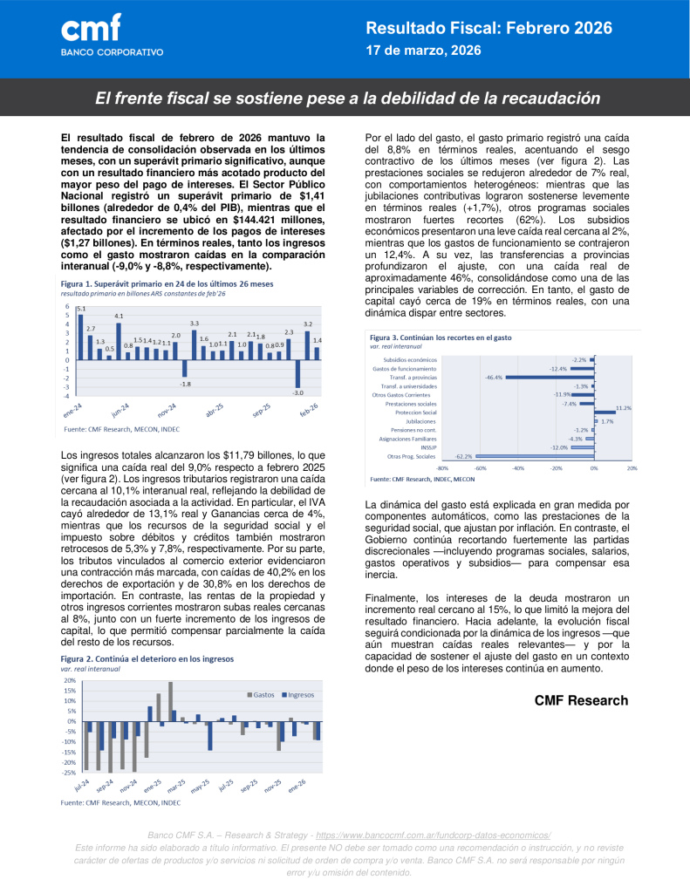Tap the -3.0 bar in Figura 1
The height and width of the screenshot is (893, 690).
tap(298, 374)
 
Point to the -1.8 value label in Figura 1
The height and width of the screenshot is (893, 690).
tap(185, 384)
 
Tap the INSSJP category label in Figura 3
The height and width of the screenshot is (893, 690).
tap(428, 447)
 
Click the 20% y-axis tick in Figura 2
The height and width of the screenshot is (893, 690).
tap(69, 679)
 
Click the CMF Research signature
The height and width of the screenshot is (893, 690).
tap(581, 700)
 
